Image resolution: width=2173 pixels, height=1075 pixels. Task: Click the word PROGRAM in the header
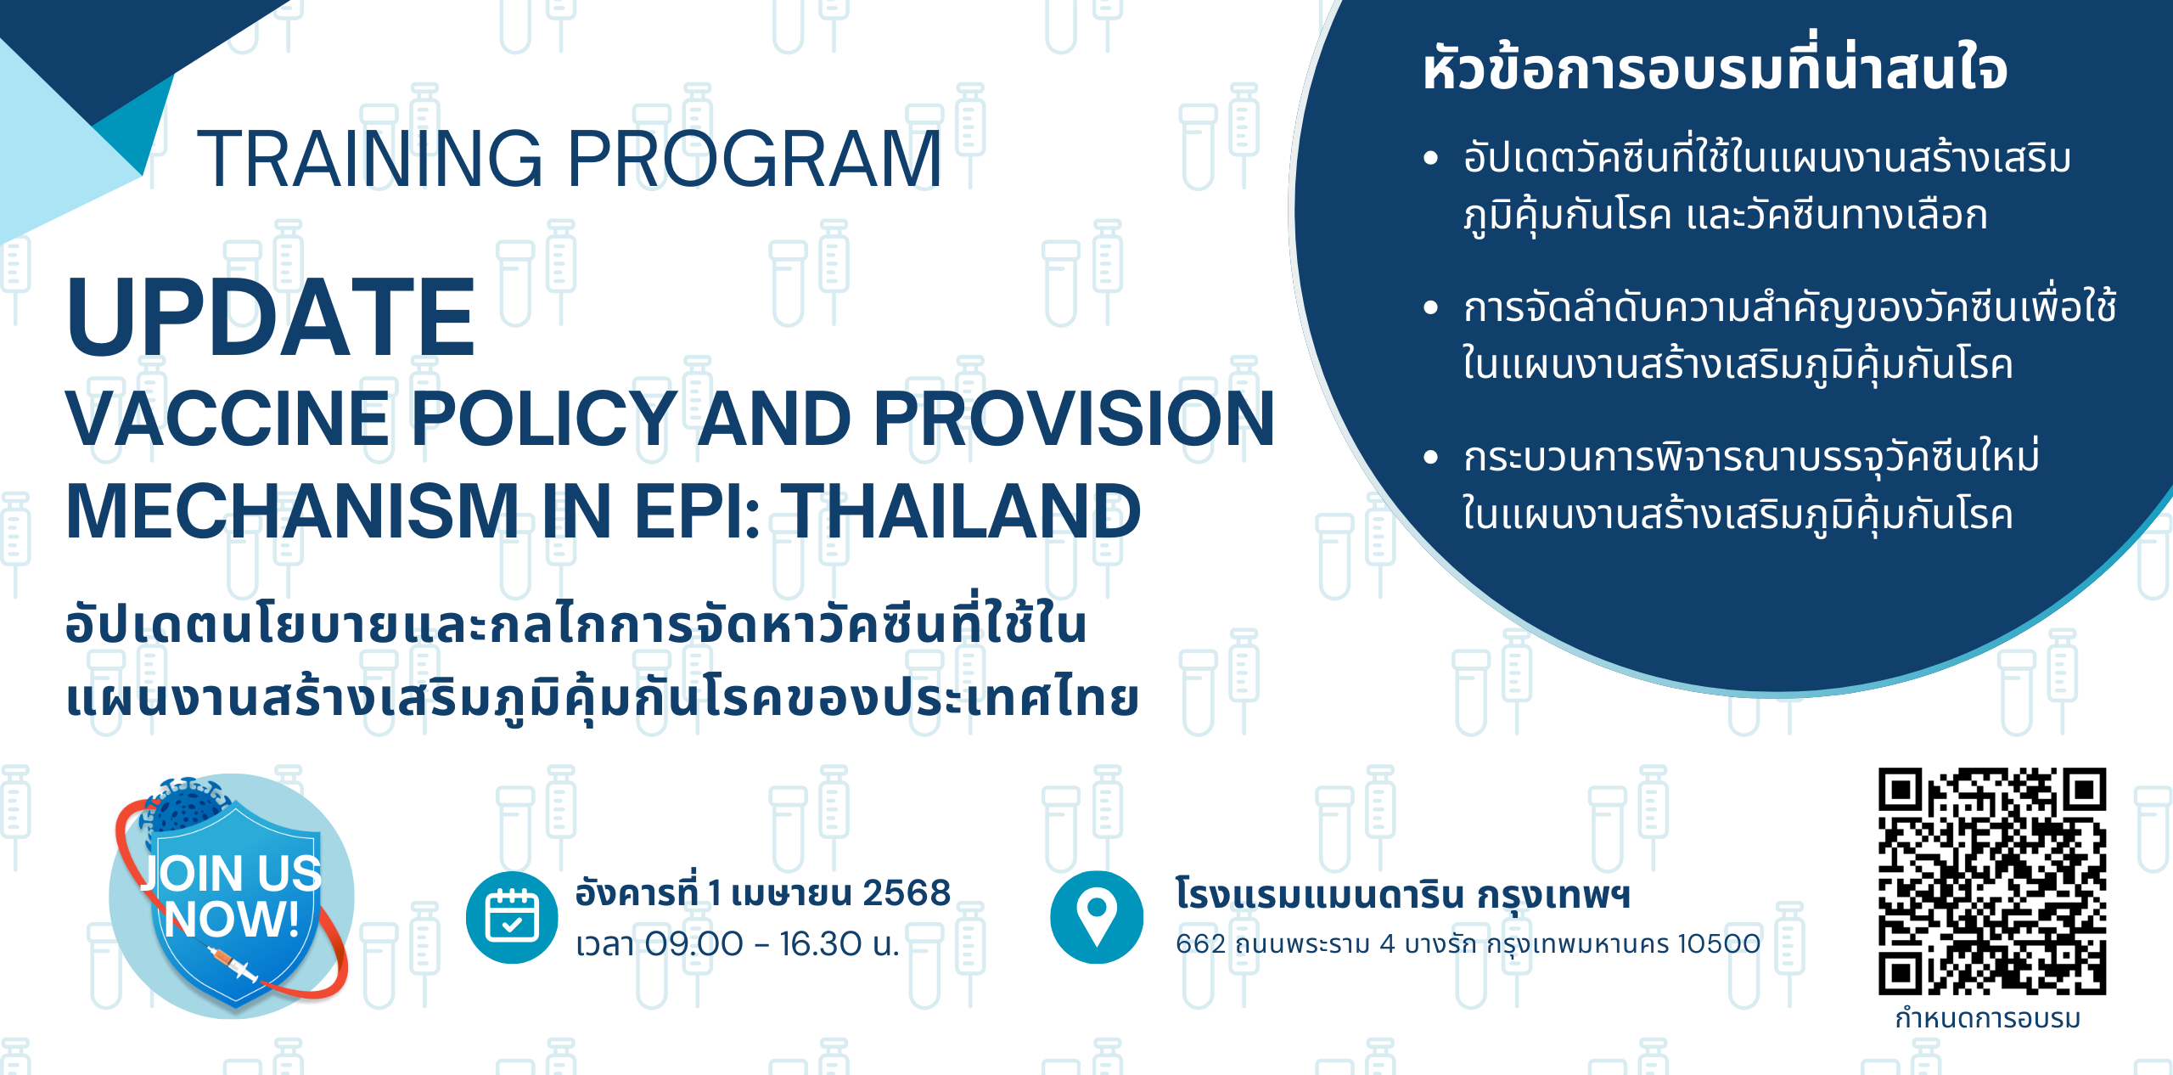pos(755,159)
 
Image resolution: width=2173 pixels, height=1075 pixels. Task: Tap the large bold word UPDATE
pos(271,318)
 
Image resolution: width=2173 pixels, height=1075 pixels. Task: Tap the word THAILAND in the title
pos(961,511)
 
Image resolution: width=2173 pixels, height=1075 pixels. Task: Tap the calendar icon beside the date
pos(512,917)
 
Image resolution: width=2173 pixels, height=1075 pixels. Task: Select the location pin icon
pos(1097,917)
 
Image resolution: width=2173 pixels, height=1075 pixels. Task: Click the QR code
pos(1992,881)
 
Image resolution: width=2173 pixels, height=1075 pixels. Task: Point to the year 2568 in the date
pos(907,893)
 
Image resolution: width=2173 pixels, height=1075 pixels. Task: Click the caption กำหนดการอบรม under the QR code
pos(1988,1019)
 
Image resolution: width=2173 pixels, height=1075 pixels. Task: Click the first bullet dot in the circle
pos(1431,158)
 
